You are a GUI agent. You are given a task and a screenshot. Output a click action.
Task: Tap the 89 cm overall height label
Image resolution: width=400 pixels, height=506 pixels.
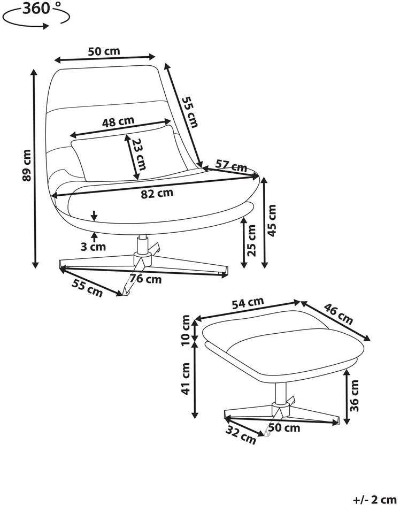click(x=27, y=165)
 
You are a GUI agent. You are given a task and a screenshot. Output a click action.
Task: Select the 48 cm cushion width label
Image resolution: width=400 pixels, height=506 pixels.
click(x=118, y=121)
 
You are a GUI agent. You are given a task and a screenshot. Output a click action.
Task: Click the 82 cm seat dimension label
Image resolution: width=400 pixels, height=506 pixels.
click(x=157, y=193)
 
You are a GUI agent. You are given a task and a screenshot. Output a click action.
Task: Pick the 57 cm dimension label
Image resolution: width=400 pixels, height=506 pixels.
click(x=231, y=166)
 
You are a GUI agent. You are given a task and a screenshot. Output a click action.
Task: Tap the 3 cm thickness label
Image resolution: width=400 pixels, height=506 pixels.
click(x=93, y=247)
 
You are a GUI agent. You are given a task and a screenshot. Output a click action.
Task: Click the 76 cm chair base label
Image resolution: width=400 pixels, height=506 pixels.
click(x=146, y=279)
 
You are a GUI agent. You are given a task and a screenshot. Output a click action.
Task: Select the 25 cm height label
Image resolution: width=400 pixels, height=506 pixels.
click(x=252, y=240)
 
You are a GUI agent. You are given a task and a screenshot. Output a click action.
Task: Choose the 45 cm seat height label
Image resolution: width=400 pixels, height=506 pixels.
click(x=272, y=220)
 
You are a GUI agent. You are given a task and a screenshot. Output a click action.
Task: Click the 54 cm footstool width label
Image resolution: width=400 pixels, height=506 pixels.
click(x=248, y=303)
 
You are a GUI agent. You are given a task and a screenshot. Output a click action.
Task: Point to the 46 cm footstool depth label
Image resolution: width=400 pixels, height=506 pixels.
click(x=339, y=313)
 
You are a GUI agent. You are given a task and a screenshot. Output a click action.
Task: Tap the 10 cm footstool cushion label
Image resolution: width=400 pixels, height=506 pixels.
click(x=186, y=330)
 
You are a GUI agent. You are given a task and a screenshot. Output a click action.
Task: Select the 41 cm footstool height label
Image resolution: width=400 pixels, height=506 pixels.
click(x=186, y=379)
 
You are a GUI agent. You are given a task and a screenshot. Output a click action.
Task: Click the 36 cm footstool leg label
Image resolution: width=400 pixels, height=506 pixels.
click(x=354, y=396)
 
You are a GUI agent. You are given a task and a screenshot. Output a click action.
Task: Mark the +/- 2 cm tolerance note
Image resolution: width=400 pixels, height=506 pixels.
click(x=374, y=500)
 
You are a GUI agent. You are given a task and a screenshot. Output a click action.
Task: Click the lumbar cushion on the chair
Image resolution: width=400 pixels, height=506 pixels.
click(x=129, y=154)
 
